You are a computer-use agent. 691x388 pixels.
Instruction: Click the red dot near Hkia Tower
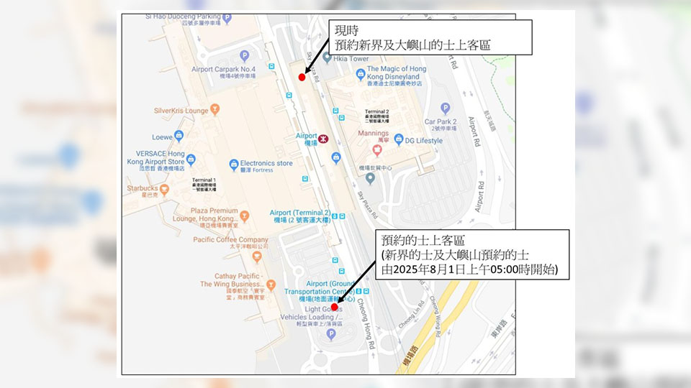[302, 76]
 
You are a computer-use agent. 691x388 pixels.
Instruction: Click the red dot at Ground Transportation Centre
[334, 307]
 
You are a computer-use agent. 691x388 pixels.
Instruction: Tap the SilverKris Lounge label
[181, 111]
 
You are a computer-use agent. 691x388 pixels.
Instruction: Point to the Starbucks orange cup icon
[164, 190]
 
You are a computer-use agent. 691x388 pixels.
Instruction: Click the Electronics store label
[266, 163]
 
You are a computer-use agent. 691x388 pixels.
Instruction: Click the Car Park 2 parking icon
[445, 108]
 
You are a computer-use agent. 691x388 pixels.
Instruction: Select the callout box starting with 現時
[430, 36]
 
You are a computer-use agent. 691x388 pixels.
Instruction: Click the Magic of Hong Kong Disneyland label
[394, 73]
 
